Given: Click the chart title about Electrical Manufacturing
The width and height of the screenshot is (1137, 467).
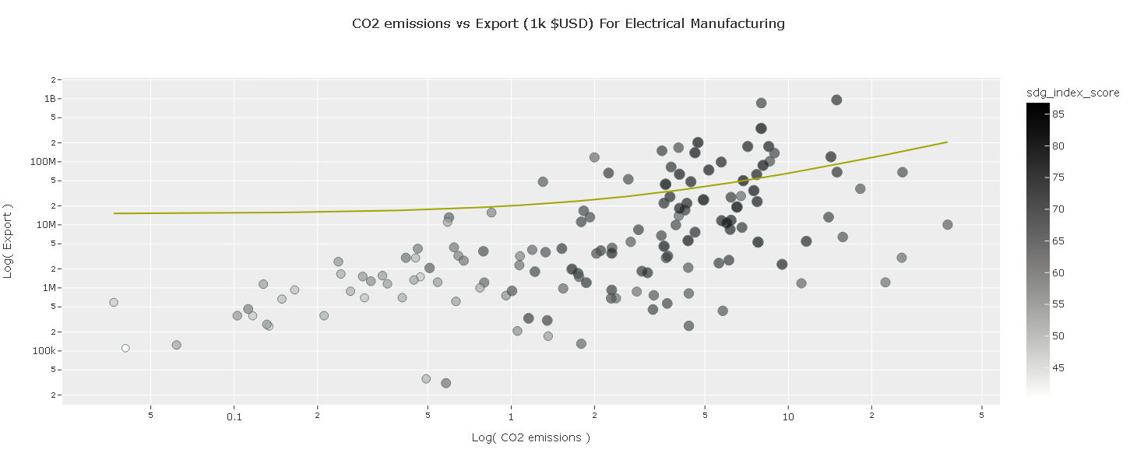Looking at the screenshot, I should click(568, 23).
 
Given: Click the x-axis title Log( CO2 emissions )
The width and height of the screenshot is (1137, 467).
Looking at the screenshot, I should click(530, 437).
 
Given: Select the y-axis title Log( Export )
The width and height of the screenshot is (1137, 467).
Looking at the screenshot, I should click(9, 241).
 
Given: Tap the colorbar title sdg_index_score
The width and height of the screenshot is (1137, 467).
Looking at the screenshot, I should click(1072, 93).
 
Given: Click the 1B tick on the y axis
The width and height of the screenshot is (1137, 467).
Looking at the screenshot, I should click(50, 99).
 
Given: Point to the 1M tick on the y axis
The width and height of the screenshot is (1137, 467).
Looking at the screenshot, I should click(49, 288).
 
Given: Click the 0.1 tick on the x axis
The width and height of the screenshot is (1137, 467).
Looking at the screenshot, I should click(234, 417).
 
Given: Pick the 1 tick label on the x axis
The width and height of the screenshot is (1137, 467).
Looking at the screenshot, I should click(511, 417).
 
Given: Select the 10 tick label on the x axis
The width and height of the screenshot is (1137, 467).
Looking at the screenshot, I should click(787, 417).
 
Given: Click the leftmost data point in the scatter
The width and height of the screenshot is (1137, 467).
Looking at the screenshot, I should click(114, 302).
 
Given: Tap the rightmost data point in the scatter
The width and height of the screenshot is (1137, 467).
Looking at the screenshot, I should click(947, 225).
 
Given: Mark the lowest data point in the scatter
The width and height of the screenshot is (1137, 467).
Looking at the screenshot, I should click(445, 383).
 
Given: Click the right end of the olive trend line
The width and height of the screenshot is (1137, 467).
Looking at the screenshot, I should click(947, 142).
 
